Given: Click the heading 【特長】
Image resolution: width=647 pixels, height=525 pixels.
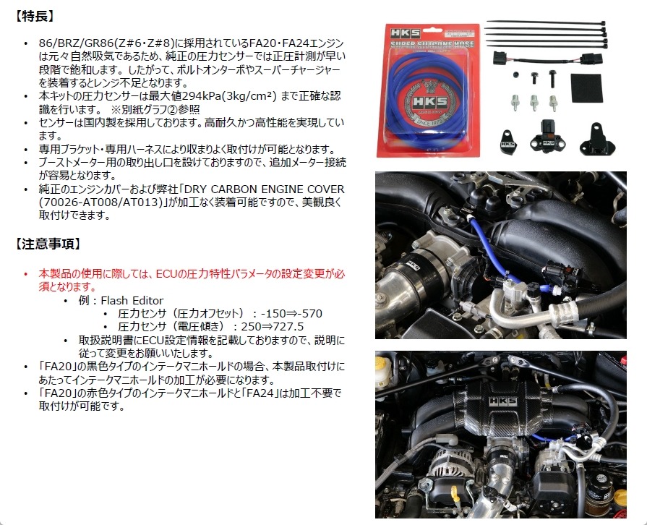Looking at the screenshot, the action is [34, 17].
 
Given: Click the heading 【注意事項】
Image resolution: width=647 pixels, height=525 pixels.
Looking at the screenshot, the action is [48, 244].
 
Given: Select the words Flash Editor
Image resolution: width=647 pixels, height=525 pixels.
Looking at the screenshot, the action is [132, 300].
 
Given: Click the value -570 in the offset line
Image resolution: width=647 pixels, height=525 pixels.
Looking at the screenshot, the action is [310, 313].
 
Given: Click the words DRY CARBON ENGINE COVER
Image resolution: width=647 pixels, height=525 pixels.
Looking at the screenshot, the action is [264, 189].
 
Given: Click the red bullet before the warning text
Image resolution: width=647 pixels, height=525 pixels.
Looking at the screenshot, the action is [26, 274].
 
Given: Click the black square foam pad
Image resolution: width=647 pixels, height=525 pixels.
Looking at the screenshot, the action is [586, 88].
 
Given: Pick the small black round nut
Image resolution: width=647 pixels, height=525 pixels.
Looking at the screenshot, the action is [515, 74].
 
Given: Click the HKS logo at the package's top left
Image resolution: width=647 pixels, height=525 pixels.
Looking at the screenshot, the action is [405, 33].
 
